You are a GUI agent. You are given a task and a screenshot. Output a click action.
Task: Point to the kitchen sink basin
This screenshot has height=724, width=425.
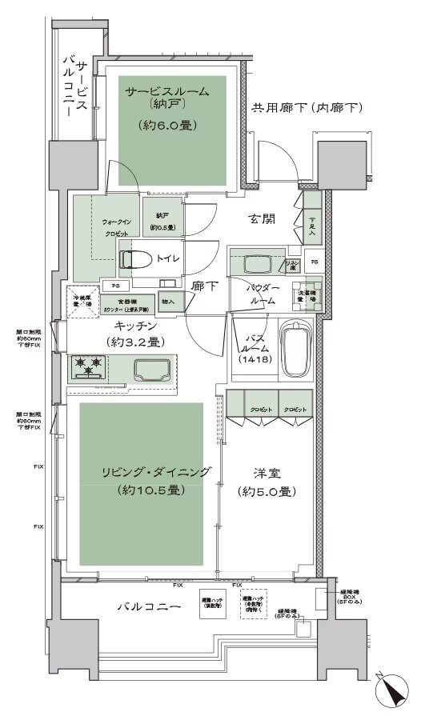(x=152, y=370)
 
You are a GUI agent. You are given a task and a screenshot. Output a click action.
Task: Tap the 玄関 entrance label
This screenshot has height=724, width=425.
(x=263, y=219)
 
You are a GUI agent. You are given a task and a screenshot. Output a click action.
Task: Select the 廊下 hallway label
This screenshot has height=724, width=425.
(x=206, y=284)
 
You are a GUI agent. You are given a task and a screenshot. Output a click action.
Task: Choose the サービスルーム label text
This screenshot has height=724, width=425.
(x=166, y=92)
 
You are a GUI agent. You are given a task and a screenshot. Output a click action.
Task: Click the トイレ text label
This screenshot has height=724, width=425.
(x=167, y=258)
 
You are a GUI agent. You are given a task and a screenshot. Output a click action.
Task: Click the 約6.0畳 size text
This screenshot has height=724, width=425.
(x=166, y=125)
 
